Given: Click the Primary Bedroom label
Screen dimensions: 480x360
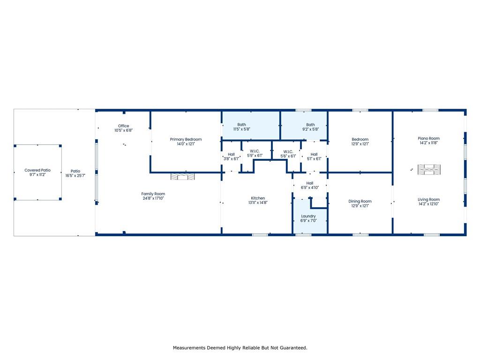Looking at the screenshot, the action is coord(186,139).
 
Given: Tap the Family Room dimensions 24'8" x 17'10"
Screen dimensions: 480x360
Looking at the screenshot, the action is coord(153,198).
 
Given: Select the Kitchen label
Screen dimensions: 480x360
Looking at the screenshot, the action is coord(258,198).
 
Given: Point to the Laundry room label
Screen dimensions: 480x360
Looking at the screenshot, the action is coord(308,216).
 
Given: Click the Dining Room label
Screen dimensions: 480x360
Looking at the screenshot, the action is coord(360,201).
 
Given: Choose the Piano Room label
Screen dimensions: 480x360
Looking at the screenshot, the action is coord(428,138).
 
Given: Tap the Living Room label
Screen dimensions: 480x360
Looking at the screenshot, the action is coord(428,199).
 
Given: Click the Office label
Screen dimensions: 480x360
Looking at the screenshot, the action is coord(123,126).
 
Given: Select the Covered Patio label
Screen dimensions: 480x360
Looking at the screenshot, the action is coord(37,170).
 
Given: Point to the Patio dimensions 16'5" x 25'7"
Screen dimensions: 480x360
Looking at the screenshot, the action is coord(75,176).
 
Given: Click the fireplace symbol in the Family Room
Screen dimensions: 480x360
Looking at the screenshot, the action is coord(182,177).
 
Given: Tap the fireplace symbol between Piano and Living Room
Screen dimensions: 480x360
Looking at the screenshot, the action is coord(429,169).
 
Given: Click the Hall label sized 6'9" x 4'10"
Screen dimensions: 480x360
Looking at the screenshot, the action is coord(310,183).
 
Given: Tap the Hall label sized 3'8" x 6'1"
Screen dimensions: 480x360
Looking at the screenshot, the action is coord(231,154).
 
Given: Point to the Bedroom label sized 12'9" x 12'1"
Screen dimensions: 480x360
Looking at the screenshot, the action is coord(360,139).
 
